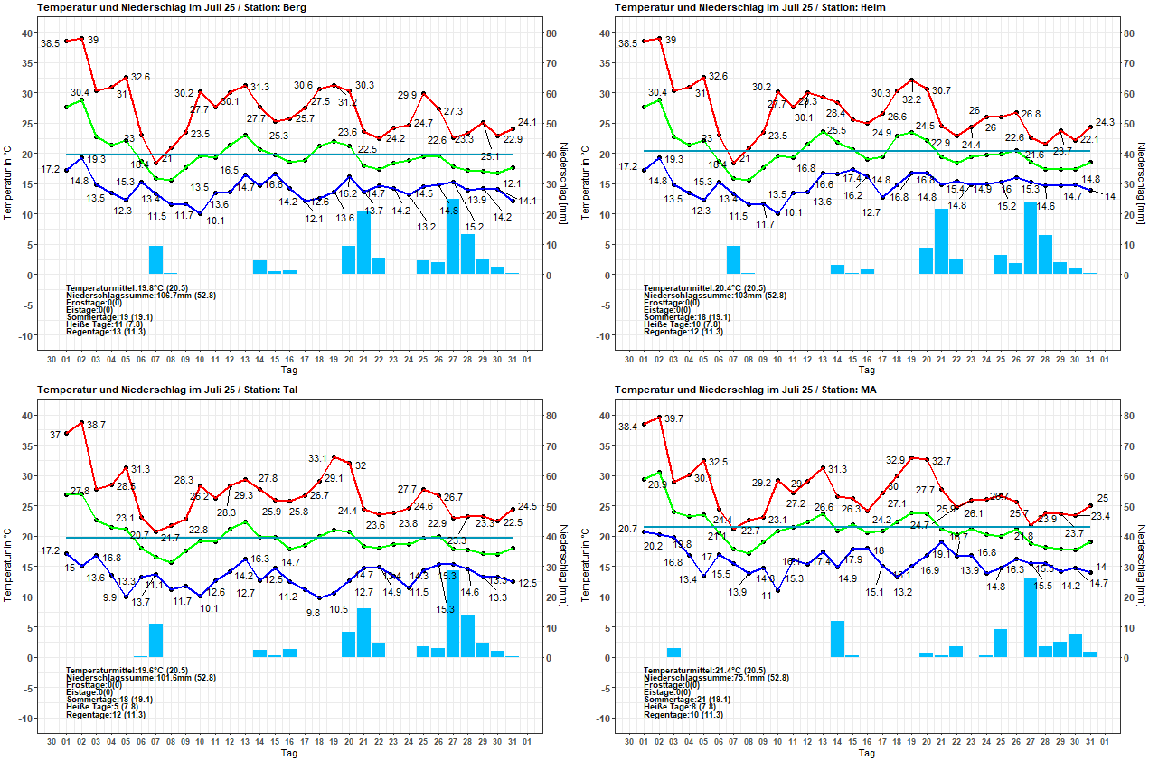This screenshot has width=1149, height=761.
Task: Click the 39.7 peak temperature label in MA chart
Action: [673, 418]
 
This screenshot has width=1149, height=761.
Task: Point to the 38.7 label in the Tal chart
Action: [96, 424]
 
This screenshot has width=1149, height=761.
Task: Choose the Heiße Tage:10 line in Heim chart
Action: [683, 324]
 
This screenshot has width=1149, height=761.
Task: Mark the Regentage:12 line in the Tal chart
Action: [106, 715]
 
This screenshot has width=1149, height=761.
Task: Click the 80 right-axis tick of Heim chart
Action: [1128, 33]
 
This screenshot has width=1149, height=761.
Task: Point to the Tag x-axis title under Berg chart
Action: [289, 370]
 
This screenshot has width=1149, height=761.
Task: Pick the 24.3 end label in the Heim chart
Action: [1105, 122]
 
